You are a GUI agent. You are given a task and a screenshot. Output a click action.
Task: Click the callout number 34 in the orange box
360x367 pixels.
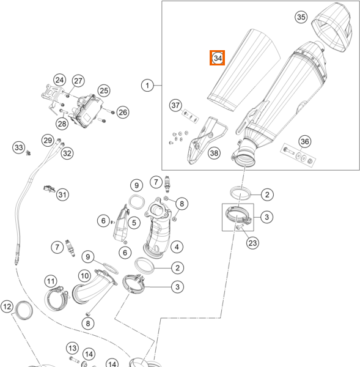click(x=217, y=58)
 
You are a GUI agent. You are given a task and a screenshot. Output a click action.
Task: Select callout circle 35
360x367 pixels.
click(x=301, y=17)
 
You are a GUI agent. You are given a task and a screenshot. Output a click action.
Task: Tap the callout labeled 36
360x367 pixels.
click(x=305, y=141)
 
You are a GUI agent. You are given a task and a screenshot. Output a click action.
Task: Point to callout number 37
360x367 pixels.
click(x=175, y=105)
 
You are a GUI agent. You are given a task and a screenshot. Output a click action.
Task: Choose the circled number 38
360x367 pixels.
click(x=214, y=153)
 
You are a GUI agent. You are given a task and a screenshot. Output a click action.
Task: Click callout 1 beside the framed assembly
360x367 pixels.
click(x=147, y=85)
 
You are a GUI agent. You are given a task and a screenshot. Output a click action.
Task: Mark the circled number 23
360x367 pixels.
click(x=252, y=243)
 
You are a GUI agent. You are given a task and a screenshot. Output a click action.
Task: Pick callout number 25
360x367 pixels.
click(x=104, y=91)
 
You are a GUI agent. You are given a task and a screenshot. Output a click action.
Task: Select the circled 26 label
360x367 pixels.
click(x=123, y=113)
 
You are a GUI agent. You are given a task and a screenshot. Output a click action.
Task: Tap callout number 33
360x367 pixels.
click(x=19, y=147)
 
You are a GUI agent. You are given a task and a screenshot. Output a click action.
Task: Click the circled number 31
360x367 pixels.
click(x=62, y=195)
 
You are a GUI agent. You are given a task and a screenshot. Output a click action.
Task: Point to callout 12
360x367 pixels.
click(x=7, y=306)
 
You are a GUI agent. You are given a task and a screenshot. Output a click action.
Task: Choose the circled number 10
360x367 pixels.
click(x=84, y=276)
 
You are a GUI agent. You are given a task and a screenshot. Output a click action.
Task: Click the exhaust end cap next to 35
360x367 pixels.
click(x=332, y=27)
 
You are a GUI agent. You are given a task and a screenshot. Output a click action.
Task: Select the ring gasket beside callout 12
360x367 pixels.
click(x=24, y=311)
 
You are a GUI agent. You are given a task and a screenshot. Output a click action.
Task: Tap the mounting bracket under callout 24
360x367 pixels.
click(x=52, y=96)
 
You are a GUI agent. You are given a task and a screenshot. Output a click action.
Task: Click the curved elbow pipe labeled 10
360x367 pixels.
click(x=94, y=287)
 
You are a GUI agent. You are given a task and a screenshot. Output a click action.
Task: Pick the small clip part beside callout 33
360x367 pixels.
click(x=29, y=153)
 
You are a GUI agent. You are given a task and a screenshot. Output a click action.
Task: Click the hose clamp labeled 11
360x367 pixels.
click(x=57, y=298)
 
